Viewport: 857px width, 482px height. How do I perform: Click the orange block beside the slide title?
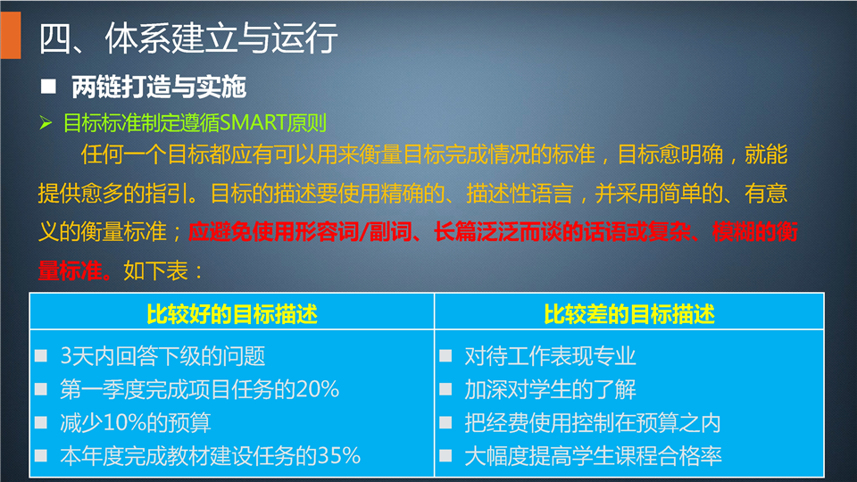coord(11,35)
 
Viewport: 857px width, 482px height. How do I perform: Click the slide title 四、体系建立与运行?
coord(188,38)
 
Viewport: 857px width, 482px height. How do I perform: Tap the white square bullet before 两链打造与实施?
coord(48,87)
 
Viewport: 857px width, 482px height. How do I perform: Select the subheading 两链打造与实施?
coord(159,87)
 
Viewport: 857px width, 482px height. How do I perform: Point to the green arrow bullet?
coord(46,123)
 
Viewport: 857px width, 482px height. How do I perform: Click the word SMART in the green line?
coord(253,123)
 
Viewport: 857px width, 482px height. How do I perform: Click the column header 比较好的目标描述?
coord(232,314)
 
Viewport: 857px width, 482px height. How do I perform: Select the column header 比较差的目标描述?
coord(629,314)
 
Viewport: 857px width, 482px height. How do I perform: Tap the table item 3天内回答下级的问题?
coord(162,356)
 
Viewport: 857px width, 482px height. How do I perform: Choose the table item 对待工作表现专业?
coord(551,356)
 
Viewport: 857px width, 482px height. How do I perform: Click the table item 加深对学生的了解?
coord(551,390)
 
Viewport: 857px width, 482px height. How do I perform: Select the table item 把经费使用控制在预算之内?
coord(593,423)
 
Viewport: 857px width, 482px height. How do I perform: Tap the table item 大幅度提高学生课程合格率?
coord(593,456)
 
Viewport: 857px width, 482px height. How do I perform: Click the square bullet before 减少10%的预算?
coord(41,422)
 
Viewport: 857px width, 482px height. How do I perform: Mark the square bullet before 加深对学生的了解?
coord(445,389)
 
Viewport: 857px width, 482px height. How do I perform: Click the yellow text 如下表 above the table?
coord(155,271)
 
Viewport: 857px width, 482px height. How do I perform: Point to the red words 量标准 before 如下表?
coord(71,271)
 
